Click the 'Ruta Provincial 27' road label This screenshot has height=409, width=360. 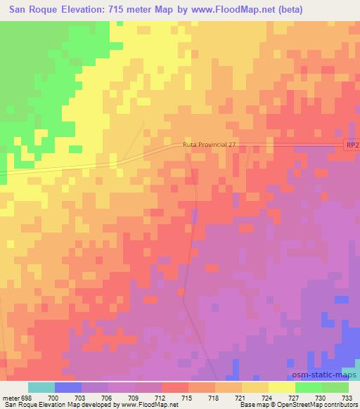tap(210, 144)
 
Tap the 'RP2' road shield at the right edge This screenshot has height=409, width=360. tap(352, 145)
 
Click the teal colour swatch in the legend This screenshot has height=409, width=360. tap(41, 387)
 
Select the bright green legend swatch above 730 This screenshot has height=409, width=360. tap(309, 387)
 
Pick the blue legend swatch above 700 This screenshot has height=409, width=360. tap(68, 387)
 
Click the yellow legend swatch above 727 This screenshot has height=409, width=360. tap(282, 387)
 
